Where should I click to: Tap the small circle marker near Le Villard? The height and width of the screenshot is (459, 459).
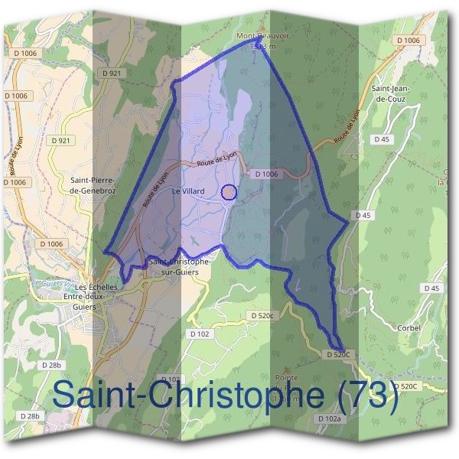pos(228,192)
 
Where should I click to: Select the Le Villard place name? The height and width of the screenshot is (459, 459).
pos(186,190)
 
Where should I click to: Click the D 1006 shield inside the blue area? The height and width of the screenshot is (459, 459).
pos(265,174)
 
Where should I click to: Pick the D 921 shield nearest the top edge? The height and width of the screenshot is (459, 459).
pos(112,73)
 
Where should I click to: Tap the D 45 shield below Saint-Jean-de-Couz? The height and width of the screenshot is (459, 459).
pos(382,138)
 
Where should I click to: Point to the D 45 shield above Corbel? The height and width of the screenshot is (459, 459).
pos(432,288)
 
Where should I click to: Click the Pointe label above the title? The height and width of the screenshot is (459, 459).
pos(285,378)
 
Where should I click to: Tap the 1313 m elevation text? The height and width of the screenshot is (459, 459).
pos(260,47)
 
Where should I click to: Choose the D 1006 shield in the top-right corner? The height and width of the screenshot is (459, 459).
pos(409,39)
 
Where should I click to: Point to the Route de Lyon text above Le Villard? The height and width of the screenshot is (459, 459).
pos(216,158)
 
